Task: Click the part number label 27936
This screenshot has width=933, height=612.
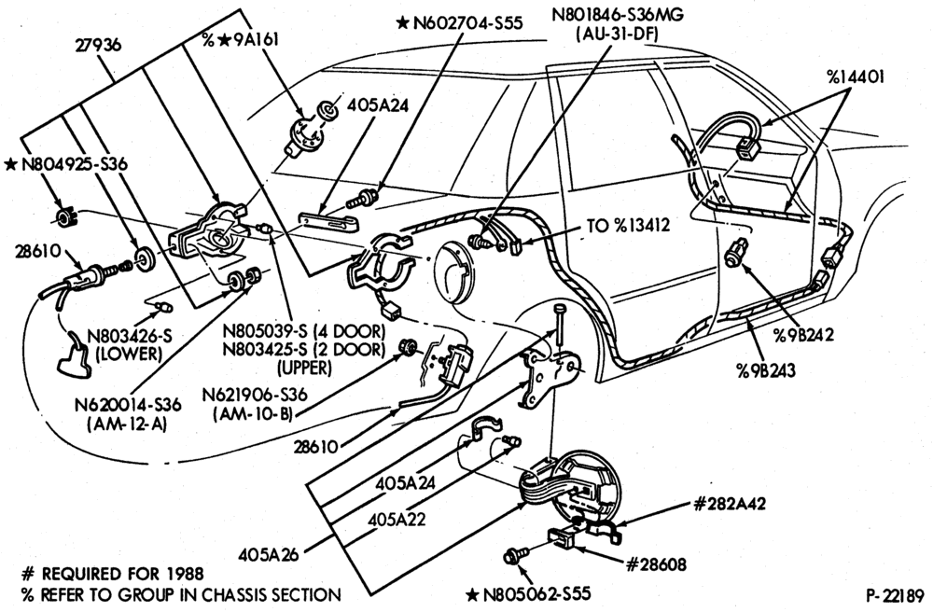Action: coord(98,45)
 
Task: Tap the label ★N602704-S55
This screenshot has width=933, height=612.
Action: coord(459,23)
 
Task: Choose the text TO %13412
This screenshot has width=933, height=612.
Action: coord(628,226)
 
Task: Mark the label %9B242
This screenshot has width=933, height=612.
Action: coord(803,334)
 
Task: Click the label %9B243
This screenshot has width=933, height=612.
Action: coord(765,370)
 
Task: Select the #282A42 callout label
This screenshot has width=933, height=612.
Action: coord(730,504)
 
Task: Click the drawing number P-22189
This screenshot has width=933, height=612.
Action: coord(895,595)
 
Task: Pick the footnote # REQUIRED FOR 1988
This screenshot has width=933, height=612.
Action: coord(112,574)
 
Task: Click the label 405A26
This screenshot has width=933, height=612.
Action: coord(268,554)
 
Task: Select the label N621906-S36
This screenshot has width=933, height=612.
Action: coord(254,395)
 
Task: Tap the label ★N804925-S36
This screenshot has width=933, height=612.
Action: coord(65,164)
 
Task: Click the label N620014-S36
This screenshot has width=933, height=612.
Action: coord(128,405)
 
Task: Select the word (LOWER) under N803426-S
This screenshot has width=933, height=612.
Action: coord(129,354)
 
